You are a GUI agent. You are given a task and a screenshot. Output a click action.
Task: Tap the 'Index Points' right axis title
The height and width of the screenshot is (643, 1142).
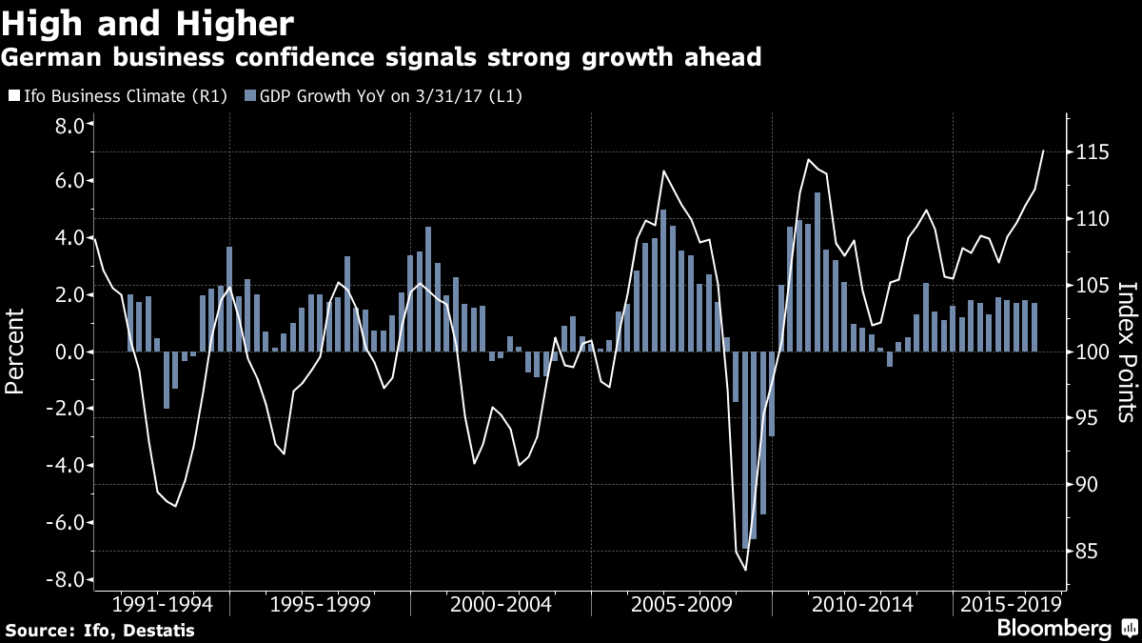click(x=1127, y=352)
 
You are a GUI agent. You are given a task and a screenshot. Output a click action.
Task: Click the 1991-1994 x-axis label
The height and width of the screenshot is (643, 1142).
click(x=163, y=605)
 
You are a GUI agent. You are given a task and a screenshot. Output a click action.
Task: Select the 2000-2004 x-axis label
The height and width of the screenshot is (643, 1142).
click(x=501, y=605)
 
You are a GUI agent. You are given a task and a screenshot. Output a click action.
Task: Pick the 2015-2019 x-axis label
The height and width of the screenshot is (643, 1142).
click(x=1010, y=605)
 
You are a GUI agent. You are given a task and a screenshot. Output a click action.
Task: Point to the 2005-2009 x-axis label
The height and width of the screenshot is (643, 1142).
click(x=681, y=605)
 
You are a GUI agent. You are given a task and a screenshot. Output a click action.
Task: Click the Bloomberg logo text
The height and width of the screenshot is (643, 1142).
click(x=1053, y=629)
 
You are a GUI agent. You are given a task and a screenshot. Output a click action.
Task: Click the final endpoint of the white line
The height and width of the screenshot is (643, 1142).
click(x=1044, y=151)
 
